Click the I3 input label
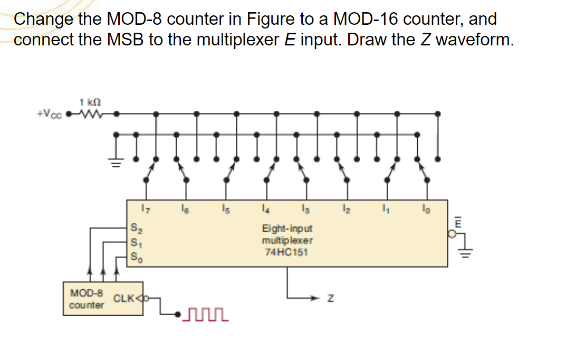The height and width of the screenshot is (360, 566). click(x=306, y=210)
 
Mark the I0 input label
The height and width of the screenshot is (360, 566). click(x=426, y=210)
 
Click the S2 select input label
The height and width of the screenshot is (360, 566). click(x=135, y=229)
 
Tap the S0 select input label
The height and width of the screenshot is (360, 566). click(x=135, y=258)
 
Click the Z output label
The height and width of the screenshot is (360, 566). click(x=330, y=299)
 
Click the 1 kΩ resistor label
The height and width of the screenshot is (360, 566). click(x=87, y=101)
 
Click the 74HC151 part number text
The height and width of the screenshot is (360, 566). click(x=286, y=252)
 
